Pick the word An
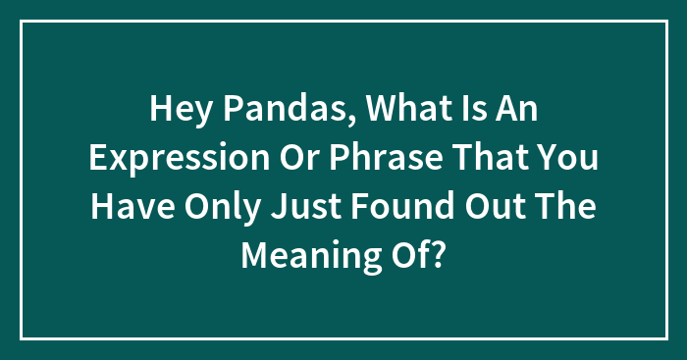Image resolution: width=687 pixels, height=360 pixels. click(517, 108)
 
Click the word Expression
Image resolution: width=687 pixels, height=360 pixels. click(185, 157)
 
